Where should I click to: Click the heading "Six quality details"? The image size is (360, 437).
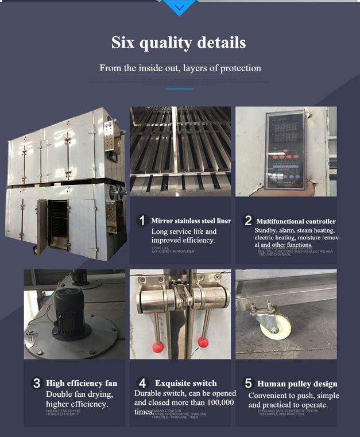[x=179, y=42]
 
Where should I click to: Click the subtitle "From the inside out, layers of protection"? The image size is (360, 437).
[x=180, y=68]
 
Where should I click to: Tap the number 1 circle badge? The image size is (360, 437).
[x=142, y=221]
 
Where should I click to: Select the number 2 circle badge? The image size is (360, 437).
[x=248, y=221]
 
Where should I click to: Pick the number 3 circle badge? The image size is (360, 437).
[x=36, y=383]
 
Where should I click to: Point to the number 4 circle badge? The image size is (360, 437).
[x=143, y=383]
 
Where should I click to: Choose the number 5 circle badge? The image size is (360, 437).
[x=248, y=383]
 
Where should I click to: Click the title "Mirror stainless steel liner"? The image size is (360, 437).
[x=191, y=221]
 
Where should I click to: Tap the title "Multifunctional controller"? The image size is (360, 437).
[x=296, y=221]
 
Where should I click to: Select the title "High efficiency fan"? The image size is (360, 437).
[x=82, y=383]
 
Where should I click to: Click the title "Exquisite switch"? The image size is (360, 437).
[x=185, y=383]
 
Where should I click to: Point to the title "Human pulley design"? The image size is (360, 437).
[x=297, y=384]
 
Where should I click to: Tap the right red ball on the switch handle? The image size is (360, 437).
[x=203, y=342]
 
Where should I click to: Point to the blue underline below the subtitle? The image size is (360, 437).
[x=179, y=88]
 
